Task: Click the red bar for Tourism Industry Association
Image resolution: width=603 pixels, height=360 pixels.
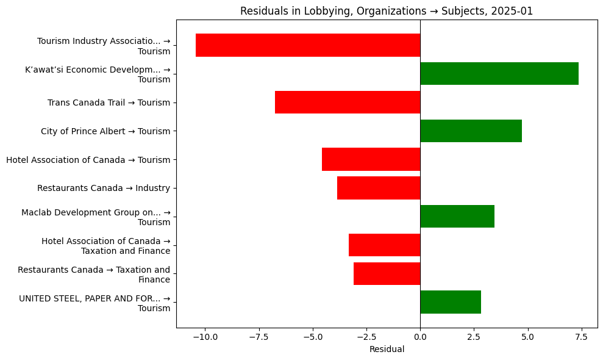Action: tap(308, 45)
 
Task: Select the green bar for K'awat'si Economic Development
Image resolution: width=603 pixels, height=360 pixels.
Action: tap(499, 74)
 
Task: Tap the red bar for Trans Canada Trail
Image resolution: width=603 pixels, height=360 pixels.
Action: tap(348, 103)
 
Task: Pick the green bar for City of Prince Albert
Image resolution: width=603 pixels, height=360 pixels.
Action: tap(471, 131)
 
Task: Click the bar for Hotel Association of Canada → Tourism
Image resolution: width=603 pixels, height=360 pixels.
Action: tap(371, 159)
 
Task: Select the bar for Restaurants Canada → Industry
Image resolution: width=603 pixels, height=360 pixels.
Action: tap(379, 188)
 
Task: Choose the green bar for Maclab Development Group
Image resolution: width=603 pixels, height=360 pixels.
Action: tap(457, 217)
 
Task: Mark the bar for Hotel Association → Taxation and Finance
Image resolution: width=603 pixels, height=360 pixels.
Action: tap(384, 245)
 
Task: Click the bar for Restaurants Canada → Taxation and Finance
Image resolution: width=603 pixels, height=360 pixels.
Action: tap(387, 274)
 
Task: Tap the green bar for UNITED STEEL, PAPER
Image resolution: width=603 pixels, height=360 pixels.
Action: tap(451, 302)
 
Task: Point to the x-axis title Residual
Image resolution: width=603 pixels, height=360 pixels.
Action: tap(387, 350)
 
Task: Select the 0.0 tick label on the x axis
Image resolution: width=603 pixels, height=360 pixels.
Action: tap(420, 337)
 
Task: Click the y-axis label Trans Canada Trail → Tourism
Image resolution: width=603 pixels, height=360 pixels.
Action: tap(109, 103)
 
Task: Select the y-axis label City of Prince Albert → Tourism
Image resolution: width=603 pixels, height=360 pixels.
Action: tap(105, 131)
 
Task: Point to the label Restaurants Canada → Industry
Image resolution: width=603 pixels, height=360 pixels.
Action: tap(103, 188)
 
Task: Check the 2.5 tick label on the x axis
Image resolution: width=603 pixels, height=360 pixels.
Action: tap(474, 337)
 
